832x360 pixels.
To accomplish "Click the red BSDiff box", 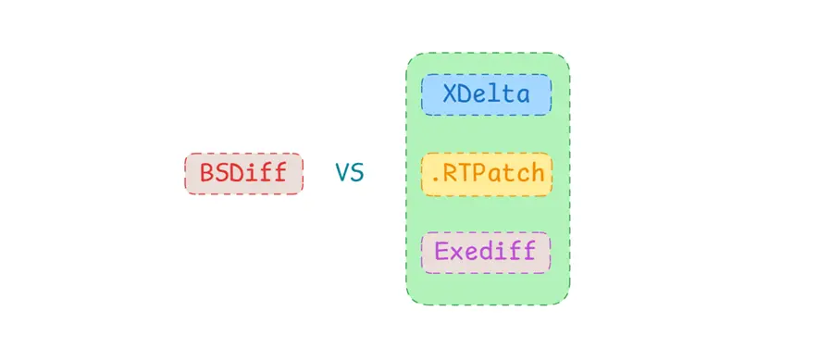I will pos(243,173).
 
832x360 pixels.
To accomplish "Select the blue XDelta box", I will pos(486,94).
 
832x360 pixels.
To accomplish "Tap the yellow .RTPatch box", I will pos(486,173).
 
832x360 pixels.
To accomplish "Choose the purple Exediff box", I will pos(486,251).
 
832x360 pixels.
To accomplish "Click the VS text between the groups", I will pos(349,173).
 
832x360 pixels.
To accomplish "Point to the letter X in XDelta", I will pos(449,94).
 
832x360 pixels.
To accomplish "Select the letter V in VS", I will pos(341,173).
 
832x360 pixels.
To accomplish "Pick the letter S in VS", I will pos(357,173).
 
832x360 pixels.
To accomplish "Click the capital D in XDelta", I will pos(464,94).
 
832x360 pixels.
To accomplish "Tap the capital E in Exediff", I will pos(441,251).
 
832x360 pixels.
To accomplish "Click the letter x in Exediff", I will pos(456,253).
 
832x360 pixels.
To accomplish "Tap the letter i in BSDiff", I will pos(251,173).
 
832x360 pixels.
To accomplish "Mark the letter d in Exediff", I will pos(486,251).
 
